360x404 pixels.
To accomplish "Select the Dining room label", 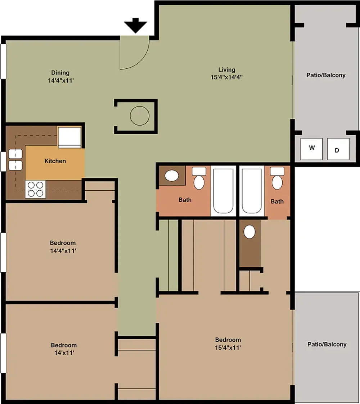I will click(x=60, y=73).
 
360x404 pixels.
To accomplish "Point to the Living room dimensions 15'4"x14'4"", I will click(x=226, y=77).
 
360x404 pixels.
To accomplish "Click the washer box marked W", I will click(x=312, y=148).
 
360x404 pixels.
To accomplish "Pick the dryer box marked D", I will click(x=338, y=149).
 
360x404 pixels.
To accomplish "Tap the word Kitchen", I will click(x=55, y=161).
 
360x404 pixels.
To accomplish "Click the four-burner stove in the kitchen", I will click(x=36, y=189).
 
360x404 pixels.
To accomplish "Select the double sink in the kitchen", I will click(x=15, y=160).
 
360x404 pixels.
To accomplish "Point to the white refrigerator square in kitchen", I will click(x=69, y=137).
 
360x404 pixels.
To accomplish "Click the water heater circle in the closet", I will click(x=139, y=116).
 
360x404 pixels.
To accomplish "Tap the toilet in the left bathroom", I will click(x=199, y=179).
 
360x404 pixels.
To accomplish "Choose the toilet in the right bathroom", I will click(x=277, y=179).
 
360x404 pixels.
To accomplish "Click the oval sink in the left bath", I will click(x=172, y=176).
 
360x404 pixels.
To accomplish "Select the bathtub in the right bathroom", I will click(x=252, y=191).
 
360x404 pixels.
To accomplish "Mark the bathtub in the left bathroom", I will click(x=224, y=191).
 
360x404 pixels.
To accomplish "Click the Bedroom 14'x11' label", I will click(x=64, y=349).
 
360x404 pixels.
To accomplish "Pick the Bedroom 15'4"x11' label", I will click(x=228, y=344).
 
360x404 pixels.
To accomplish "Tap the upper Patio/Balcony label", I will click(x=326, y=75).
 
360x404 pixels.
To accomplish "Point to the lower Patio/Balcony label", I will click(x=327, y=344).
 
